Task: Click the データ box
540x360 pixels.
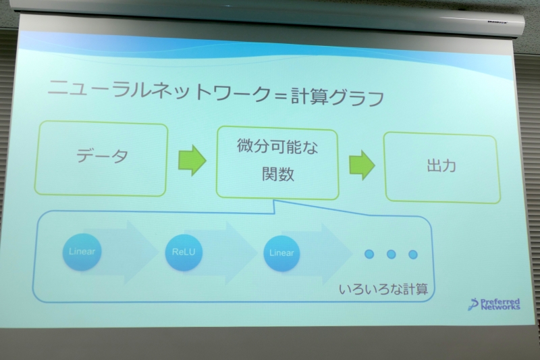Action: pos(102,159)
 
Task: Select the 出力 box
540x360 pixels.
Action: pos(441,167)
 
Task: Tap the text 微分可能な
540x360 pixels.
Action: pos(277,146)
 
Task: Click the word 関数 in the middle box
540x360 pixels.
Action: pos(277,175)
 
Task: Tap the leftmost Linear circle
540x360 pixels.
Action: pos(82,252)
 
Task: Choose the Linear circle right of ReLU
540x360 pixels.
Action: pos(281,253)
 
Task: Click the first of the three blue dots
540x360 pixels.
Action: pos(369,254)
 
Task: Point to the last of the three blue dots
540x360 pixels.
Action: pos(412,255)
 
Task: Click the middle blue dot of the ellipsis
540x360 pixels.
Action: pos(391,255)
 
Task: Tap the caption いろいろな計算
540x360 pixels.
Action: pos(383,288)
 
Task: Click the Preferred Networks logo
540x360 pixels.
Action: pos(495,303)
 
